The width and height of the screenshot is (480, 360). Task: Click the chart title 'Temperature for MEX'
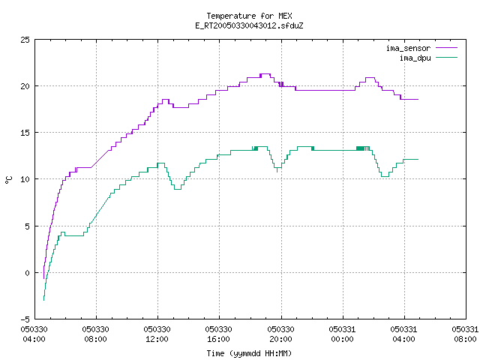[x=249, y=16]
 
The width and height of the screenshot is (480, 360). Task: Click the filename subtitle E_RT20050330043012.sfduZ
[x=249, y=25]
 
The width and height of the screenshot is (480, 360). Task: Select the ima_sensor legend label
[x=408, y=48]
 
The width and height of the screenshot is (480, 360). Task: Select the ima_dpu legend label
[x=415, y=58]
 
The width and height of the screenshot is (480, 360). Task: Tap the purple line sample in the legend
[x=447, y=48]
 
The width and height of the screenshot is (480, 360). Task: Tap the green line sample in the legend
[x=447, y=57]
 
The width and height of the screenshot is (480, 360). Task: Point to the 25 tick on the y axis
[x=25, y=40]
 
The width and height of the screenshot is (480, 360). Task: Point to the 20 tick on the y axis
[x=25, y=86]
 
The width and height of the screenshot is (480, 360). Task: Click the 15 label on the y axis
[x=25, y=133]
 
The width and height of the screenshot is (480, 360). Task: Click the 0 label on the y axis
[x=28, y=273]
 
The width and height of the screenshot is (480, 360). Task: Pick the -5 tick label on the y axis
[x=25, y=319]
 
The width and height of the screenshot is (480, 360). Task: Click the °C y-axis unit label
[x=8, y=180]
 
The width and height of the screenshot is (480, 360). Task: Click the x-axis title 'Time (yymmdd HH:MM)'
[x=249, y=353]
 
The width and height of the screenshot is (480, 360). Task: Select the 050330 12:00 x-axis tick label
[x=157, y=334]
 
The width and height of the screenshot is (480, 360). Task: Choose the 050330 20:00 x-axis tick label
[x=280, y=334]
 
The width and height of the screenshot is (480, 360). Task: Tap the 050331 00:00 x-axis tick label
[x=342, y=334]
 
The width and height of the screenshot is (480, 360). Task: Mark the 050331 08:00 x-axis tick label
[x=465, y=334]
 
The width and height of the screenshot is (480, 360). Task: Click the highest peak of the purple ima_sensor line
[x=265, y=73]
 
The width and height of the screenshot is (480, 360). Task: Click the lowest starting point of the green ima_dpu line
[x=43, y=300]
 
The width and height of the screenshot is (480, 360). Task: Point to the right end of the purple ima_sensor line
[x=418, y=99]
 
